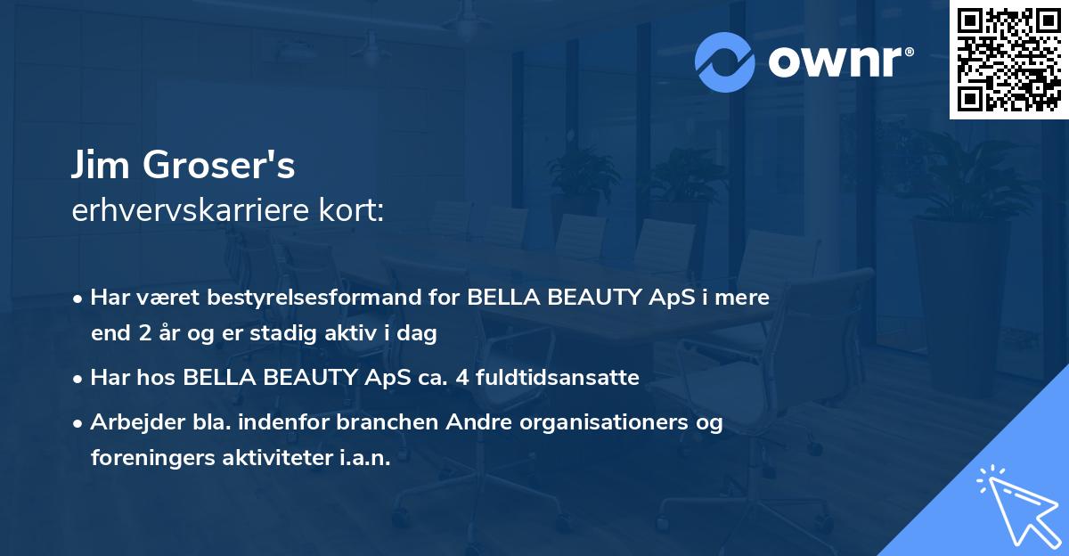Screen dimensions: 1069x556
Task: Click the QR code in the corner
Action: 1008,60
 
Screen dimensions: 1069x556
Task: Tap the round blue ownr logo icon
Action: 725,62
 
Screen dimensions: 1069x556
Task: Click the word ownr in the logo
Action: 836,61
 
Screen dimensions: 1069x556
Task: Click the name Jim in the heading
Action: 101,165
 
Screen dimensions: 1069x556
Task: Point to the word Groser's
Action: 218,165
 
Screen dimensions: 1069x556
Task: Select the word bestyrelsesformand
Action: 314,298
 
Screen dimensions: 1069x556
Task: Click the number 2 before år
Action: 145,333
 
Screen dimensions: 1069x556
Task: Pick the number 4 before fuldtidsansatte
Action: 462,378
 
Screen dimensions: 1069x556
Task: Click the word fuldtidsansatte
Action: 558,378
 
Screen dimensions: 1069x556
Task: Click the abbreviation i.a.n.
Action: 365,458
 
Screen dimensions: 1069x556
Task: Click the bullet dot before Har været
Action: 78,299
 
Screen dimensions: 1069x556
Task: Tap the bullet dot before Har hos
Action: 78,380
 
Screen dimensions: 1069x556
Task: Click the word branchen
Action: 387,422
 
